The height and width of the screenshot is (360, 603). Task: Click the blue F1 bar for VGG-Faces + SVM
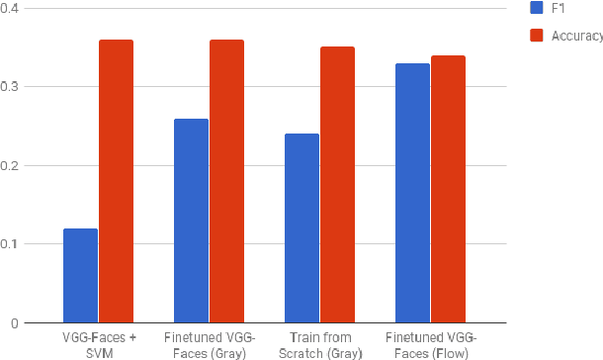point(80,276)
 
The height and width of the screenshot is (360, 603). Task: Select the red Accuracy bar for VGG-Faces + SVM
point(116,181)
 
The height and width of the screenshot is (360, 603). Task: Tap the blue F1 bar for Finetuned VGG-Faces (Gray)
point(191,221)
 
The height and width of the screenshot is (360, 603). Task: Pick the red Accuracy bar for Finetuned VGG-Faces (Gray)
point(226,181)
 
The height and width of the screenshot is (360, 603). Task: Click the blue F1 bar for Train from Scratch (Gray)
point(301,228)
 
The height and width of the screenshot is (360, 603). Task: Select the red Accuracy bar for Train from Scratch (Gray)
point(337,185)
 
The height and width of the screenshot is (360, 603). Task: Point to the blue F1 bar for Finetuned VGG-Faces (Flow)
point(412,193)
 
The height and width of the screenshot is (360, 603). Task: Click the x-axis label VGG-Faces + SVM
point(98,344)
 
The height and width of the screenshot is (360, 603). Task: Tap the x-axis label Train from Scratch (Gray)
point(319,344)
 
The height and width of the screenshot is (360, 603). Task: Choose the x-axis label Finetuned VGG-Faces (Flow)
point(430,344)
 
